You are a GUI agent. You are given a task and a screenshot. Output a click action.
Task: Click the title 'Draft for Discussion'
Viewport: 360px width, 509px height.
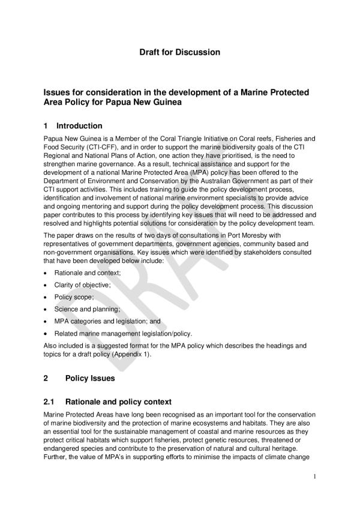point(179,52)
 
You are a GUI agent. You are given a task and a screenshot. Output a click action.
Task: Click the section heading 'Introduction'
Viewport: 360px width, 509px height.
point(79,126)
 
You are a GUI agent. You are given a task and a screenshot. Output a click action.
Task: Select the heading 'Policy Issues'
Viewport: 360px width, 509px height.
point(90,379)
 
